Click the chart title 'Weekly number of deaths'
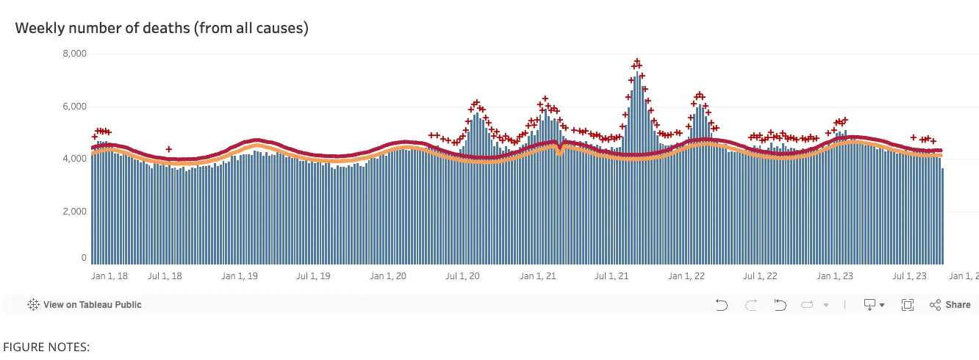161,29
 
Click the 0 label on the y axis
84,258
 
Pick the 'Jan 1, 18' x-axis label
110,276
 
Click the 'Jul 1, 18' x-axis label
165,276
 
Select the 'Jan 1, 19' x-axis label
239,276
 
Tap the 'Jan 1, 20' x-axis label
387,276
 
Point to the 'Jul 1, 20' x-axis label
462,276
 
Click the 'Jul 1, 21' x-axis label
612,276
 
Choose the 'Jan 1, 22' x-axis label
686,276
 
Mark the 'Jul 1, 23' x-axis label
909,276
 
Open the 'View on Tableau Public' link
85,305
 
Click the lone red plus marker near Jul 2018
169,149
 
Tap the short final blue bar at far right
943,217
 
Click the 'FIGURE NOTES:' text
46,347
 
